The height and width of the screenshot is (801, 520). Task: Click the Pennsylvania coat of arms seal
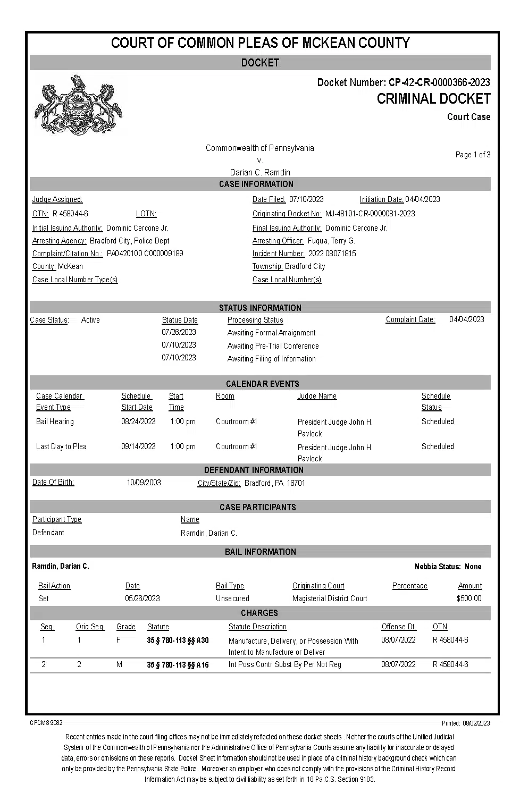coord(78,105)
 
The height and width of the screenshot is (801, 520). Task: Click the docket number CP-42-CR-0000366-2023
coord(439,82)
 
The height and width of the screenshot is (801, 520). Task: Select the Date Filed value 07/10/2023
coord(306,199)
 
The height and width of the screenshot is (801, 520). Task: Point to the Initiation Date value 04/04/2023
coord(423,199)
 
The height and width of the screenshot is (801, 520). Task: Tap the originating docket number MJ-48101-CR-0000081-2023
coord(370,214)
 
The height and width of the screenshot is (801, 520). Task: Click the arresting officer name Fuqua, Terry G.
coord(331,241)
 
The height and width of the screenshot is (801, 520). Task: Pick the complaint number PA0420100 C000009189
coord(145,254)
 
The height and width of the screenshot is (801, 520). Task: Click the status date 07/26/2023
coord(179,332)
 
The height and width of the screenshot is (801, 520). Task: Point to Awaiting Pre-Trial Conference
coord(273,346)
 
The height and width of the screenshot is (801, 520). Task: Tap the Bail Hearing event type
coord(55,421)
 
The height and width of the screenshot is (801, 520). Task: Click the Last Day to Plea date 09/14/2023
coord(138,446)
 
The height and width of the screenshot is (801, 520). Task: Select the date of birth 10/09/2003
coord(144,483)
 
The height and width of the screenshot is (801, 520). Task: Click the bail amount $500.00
coord(469,598)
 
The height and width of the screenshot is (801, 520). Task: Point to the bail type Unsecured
coord(232,598)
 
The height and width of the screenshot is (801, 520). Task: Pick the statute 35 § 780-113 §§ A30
coord(178,640)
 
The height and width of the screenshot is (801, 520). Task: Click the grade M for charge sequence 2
coord(119,664)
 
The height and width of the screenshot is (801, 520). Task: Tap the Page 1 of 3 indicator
coord(473,155)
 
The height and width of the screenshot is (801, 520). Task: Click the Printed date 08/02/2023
coord(476,723)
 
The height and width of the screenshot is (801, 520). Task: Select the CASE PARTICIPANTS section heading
coord(258,507)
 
